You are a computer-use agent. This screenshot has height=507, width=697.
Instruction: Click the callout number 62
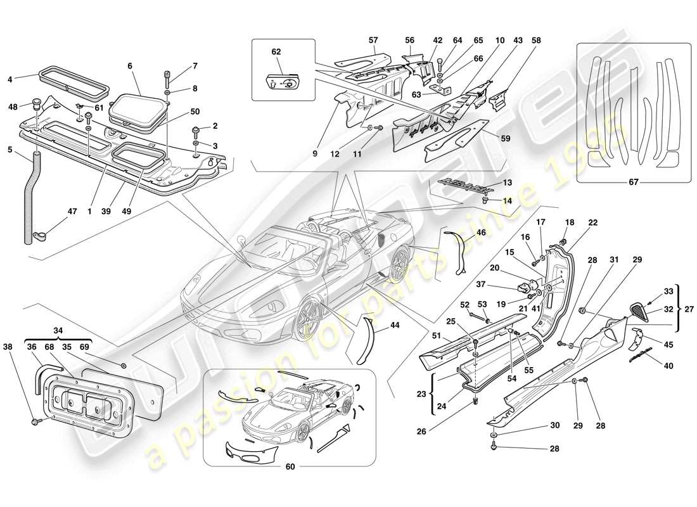[x=276, y=52]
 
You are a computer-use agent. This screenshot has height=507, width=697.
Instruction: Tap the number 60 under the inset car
[x=290, y=467]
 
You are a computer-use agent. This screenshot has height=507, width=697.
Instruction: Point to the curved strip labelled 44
[x=367, y=339]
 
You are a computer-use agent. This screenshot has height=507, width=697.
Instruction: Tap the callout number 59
[x=506, y=138]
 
